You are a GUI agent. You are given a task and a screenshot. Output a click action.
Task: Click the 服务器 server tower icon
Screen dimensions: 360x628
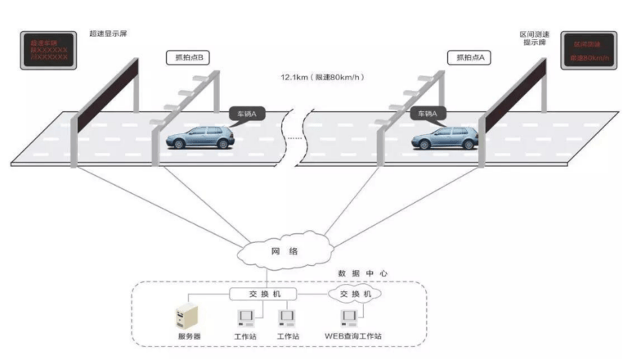pos(190,316)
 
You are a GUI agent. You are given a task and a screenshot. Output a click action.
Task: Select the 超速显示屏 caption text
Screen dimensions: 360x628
pos(108,34)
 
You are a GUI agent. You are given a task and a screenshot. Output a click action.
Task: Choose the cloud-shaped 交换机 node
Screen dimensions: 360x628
pos(354,293)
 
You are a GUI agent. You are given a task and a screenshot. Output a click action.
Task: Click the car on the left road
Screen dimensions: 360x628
pos(201,137)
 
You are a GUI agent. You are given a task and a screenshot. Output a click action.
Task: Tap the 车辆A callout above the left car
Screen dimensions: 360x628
pos(247,115)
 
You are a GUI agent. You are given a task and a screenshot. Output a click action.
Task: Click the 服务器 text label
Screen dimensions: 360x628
pos(189,336)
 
